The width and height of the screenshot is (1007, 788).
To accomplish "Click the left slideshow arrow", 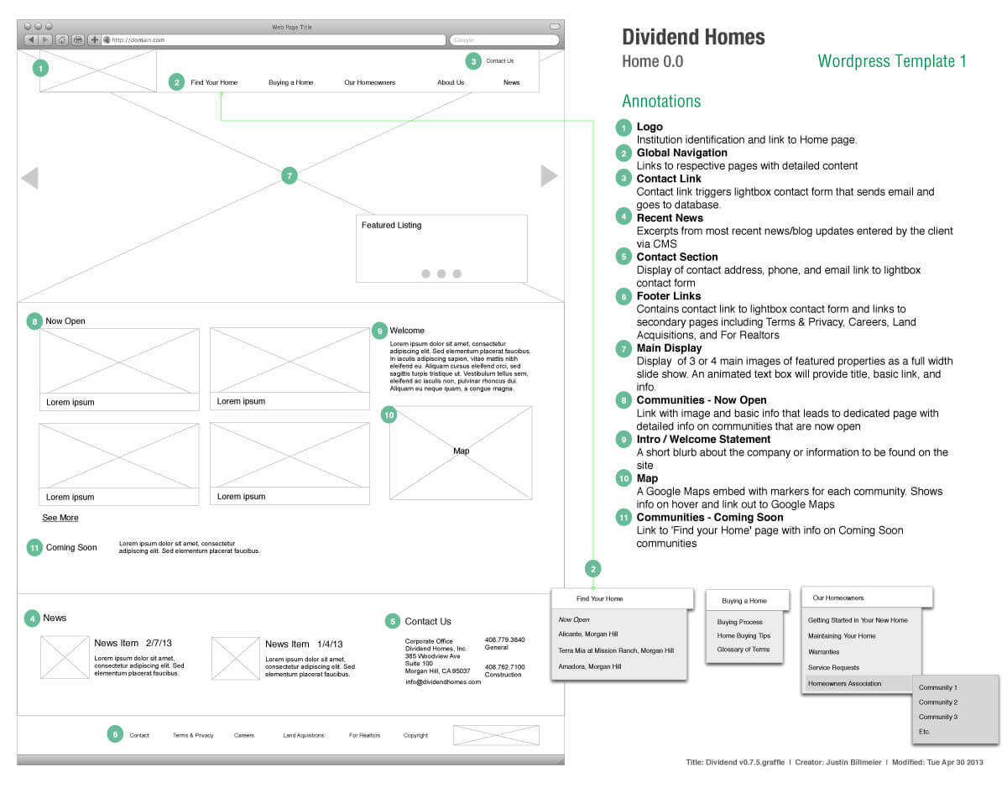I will coord(29,178).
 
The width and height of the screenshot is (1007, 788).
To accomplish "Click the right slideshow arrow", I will coord(549,175).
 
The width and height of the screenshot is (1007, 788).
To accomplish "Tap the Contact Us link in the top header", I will coord(500,61).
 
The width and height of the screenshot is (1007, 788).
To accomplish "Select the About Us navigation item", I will coord(451,83).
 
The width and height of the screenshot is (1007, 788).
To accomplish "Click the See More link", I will coord(60,518).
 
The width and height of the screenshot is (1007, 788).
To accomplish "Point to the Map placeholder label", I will coord(461,451).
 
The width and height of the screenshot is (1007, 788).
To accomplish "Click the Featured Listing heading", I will coord(391,226).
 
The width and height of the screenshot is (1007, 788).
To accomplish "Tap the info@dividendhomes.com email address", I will coord(443,682).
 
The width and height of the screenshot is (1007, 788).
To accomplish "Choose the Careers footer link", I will coord(244,735).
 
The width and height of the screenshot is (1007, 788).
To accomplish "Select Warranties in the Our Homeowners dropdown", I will coord(823,652).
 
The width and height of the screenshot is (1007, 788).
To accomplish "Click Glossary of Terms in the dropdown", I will coord(744,650).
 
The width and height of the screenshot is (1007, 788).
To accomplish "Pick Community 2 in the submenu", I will coord(937,702).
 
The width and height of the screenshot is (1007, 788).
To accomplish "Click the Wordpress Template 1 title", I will coord(892,61).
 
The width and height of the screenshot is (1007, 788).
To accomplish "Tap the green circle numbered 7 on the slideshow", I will coord(290,176).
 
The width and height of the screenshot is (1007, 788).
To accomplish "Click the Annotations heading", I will coord(661,102).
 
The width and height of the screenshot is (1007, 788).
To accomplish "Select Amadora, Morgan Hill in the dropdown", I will coord(590,666).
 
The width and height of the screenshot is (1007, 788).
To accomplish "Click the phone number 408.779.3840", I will coord(504,640).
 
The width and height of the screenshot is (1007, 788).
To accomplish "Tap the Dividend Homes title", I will coord(693,37).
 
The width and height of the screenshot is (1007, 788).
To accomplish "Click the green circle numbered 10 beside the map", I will coord(389,415).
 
